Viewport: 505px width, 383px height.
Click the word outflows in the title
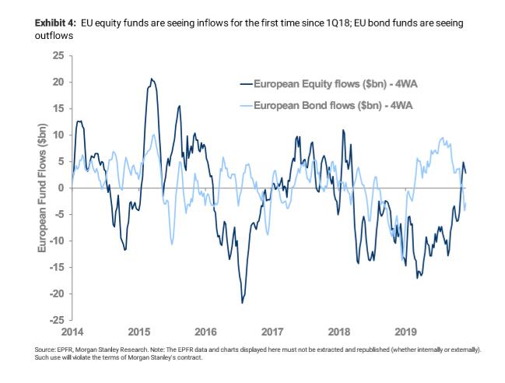click(54, 36)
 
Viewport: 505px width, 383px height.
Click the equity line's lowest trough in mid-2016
click(242, 302)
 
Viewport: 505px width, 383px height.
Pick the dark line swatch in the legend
click(248, 83)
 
